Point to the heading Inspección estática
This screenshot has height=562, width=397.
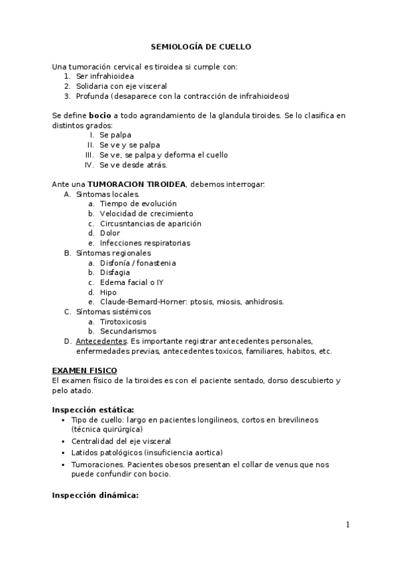coord(93,410)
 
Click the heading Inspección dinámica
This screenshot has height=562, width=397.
coord(95,495)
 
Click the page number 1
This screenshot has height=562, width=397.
coord(347,525)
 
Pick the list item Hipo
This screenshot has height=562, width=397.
coord(108,292)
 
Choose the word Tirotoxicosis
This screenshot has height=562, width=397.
coord(123,321)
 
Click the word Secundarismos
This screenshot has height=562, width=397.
coord(128,331)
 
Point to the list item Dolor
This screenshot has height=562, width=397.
coord(110,233)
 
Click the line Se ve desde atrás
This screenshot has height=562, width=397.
coord(133,165)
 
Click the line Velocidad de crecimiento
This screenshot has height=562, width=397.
coord(146,213)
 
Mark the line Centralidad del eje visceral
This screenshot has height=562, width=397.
coord(125,441)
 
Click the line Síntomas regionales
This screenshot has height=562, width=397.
coord(113,253)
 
